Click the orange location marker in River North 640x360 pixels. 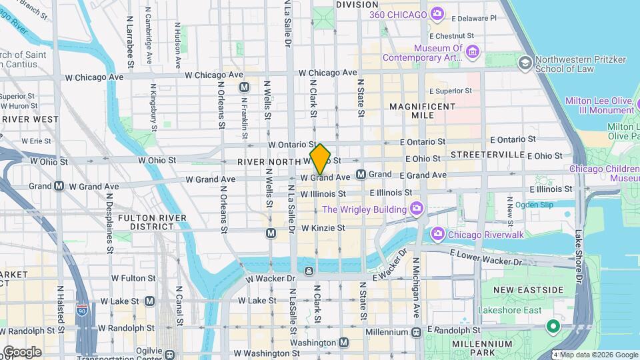pyautogui.click(x=320, y=159)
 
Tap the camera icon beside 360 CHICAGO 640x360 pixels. pyautogui.click(x=437, y=14)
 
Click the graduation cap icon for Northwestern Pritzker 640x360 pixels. pyautogui.click(x=525, y=63)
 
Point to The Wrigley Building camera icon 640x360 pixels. pyautogui.click(x=417, y=209)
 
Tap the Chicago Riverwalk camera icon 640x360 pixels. pyautogui.click(x=437, y=233)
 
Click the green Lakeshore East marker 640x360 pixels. pyautogui.click(x=552, y=326)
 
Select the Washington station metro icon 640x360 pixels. pyautogui.click(x=343, y=342)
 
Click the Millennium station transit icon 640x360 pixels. pyautogui.click(x=416, y=331)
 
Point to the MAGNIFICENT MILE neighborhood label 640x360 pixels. pyautogui.click(x=422, y=111)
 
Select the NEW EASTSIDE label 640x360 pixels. pyautogui.click(x=529, y=289)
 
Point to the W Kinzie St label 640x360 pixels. pyautogui.click(x=323, y=228)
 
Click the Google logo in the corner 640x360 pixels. pyautogui.click(x=22, y=351)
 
